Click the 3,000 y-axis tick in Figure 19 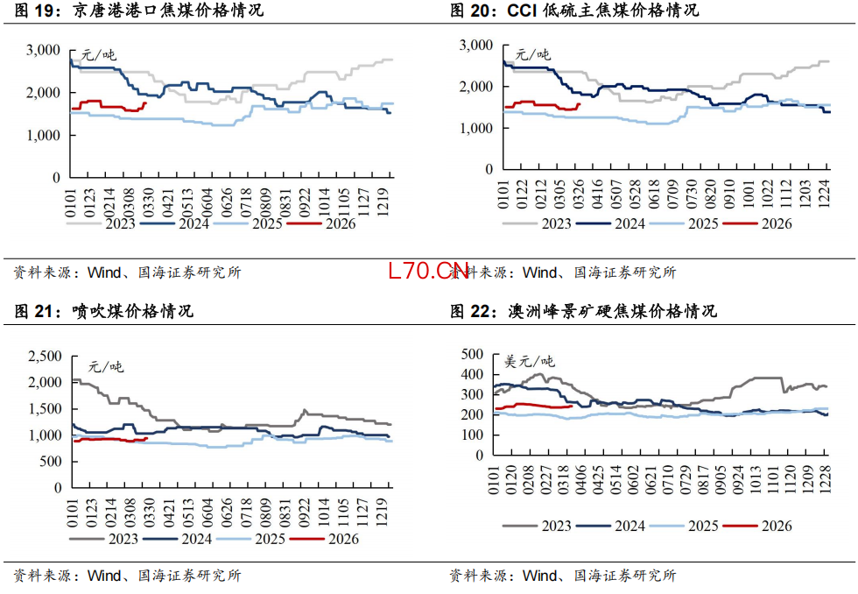(43, 51)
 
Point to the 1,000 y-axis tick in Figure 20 (476, 128)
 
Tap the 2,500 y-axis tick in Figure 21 (44, 356)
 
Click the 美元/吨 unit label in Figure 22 (530, 361)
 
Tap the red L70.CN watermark (429, 270)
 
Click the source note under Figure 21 (127, 576)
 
